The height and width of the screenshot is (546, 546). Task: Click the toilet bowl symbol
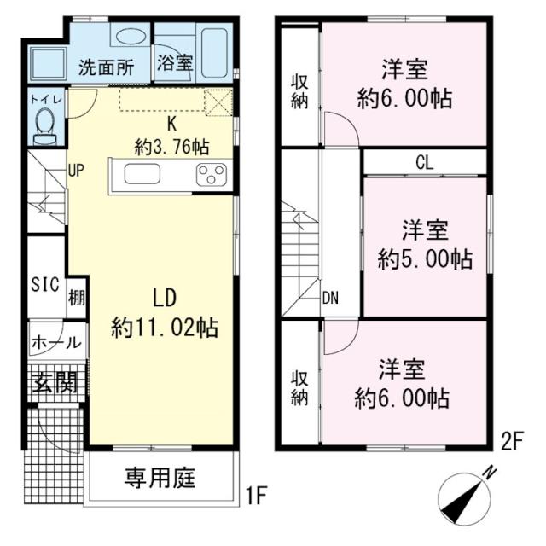click(45, 126)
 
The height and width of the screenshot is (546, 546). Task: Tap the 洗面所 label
click(106, 67)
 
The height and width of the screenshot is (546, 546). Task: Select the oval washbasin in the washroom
click(130, 37)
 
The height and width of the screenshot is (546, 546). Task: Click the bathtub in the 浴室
click(214, 53)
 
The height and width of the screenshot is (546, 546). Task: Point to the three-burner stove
click(211, 174)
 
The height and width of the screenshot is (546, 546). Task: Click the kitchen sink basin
click(142, 174)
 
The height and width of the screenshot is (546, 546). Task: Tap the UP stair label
click(76, 171)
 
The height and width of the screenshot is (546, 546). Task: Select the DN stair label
click(330, 298)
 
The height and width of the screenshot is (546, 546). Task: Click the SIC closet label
click(45, 284)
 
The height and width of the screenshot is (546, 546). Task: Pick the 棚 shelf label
click(76, 298)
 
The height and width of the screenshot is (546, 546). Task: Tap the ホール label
click(56, 343)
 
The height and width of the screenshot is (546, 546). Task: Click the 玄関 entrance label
click(55, 382)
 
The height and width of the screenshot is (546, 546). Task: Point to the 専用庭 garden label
click(160, 478)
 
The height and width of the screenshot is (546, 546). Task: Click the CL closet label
click(425, 162)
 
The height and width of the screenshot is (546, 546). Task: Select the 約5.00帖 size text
click(425, 258)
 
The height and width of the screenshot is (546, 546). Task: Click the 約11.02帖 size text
click(165, 328)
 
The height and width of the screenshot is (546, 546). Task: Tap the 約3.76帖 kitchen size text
click(171, 148)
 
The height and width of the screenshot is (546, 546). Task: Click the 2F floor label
click(512, 442)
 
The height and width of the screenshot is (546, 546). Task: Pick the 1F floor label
click(256, 496)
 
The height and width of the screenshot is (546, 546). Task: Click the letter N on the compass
click(491, 473)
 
